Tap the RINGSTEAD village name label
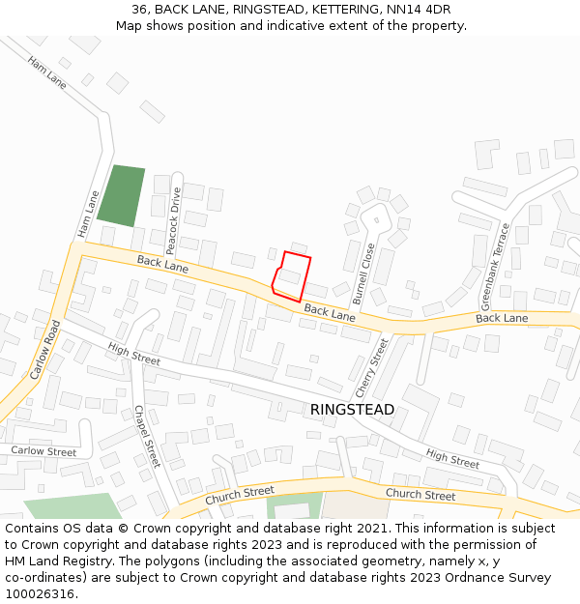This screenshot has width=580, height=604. point(352,410)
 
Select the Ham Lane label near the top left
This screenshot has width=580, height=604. point(47,72)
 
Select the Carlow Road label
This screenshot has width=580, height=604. point(45,349)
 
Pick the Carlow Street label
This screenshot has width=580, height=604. point(43,451)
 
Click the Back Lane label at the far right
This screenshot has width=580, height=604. point(502,318)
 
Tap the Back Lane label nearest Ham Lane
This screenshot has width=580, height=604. point(162,262)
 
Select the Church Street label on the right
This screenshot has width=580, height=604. point(420,495)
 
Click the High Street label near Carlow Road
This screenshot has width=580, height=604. point(134,355)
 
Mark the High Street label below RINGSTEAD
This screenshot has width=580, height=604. point(452,459)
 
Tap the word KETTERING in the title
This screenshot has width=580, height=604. point(332,10)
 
